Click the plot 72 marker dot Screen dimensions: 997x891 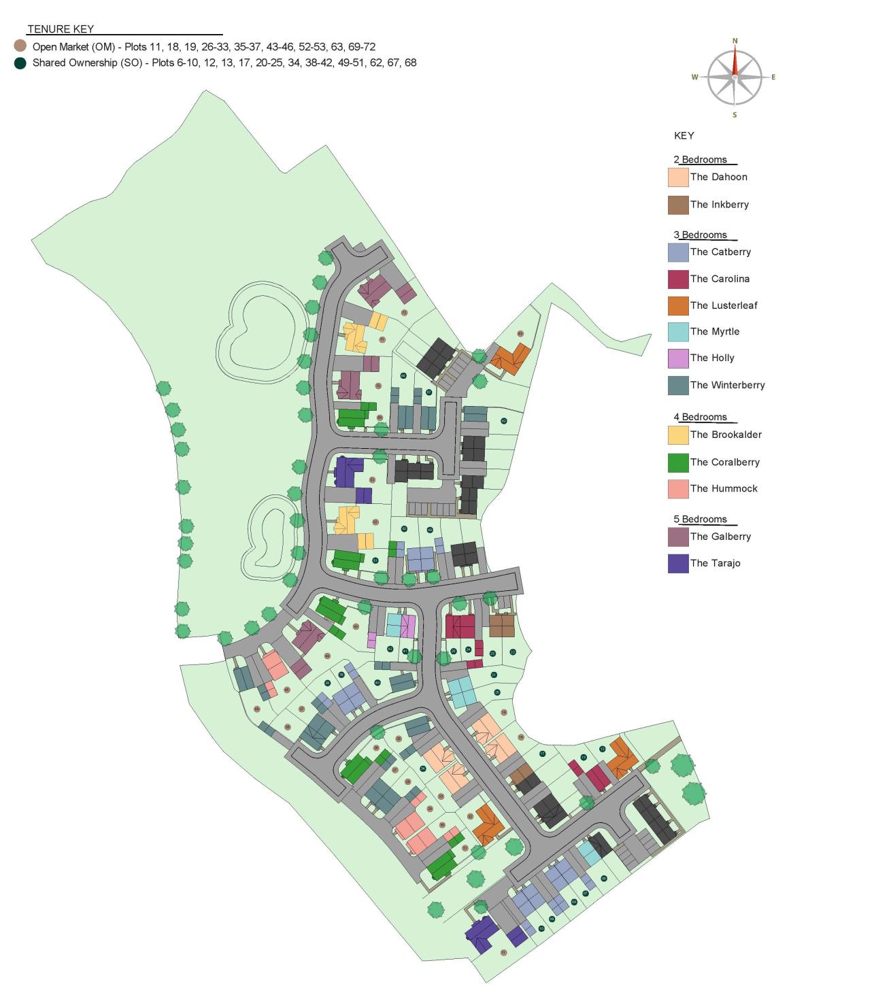404,313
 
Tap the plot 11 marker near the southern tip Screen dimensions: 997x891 503,952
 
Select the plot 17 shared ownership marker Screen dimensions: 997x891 542,754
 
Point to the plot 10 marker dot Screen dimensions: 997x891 541,928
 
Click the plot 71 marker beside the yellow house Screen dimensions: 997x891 382,339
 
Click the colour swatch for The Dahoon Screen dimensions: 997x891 677,178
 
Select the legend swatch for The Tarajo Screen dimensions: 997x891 677,564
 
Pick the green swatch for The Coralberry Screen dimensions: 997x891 677,462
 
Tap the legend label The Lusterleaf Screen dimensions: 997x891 724,305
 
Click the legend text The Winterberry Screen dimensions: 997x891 727,385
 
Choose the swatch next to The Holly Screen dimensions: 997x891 677,358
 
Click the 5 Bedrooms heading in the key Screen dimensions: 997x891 701,520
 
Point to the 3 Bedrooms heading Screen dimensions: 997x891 701,235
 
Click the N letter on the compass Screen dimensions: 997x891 735,41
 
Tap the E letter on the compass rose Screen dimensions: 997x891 773,78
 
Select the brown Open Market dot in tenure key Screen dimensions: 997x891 20,46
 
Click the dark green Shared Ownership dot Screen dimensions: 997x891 20,63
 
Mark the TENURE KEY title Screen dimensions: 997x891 61,29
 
